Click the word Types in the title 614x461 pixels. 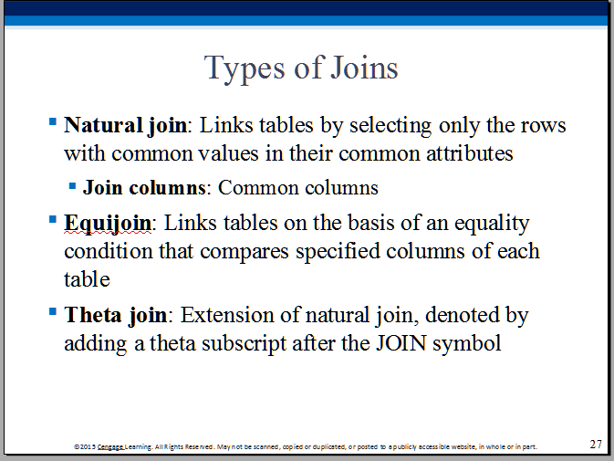(245, 69)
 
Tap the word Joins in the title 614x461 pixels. (365, 68)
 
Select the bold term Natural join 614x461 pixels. (126, 126)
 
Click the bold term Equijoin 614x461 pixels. (108, 224)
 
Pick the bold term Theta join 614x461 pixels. (116, 316)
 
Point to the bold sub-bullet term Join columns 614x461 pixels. (144, 188)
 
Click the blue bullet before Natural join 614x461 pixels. (53, 121)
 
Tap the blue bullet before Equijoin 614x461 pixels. (53, 219)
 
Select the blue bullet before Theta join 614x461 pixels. (53, 311)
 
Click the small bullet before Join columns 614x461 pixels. (72, 185)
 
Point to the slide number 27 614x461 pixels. (596, 445)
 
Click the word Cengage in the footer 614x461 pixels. (110, 446)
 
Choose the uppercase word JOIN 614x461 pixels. (401, 343)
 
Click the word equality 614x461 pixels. (492, 224)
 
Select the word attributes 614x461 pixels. (470, 153)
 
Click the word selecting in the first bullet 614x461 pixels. (390, 127)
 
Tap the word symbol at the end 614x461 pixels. (467, 344)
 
